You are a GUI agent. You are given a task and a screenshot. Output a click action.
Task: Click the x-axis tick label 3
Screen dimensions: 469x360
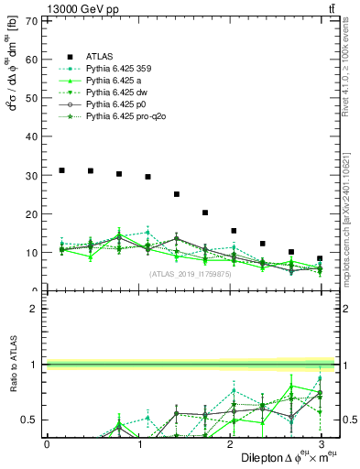(322, 444)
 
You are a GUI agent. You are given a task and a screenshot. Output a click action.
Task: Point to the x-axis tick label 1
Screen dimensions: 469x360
(138, 444)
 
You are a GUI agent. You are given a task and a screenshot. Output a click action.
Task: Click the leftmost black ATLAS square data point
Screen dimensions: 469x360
(61, 170)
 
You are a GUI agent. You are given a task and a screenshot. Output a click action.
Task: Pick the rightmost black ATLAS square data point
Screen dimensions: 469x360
(320, 258)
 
